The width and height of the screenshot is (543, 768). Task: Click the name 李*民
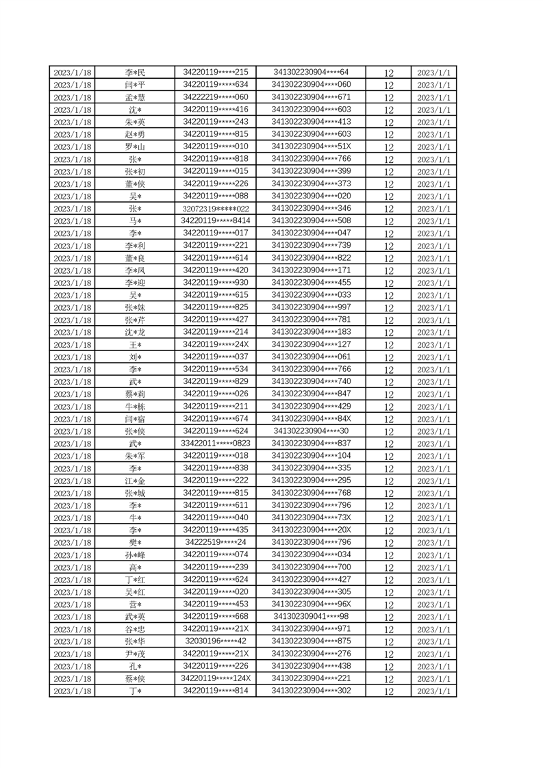135,73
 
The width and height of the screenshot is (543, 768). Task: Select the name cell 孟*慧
135,97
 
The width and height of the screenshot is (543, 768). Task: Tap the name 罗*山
135,147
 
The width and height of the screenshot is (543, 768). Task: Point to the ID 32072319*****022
216,209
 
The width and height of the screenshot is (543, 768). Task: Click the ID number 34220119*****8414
216,221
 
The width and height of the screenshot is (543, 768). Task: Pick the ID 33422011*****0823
216,444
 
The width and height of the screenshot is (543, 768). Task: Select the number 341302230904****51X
311,146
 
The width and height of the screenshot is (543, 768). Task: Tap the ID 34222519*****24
216,543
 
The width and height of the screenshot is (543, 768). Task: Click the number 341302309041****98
311,617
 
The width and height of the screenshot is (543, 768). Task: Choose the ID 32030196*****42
216,641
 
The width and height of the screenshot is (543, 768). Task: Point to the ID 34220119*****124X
216,678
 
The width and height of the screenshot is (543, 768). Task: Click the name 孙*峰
135,555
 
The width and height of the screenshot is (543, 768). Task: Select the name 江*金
135,481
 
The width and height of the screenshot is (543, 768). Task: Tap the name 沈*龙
135,333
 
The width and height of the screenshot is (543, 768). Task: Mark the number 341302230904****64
311,73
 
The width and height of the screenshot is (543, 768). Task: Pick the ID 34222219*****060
216,97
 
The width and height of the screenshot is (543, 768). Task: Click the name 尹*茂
135,654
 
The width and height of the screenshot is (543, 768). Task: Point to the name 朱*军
135,457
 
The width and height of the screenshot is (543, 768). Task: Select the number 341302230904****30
311,431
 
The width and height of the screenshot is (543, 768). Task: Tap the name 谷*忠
135,630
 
